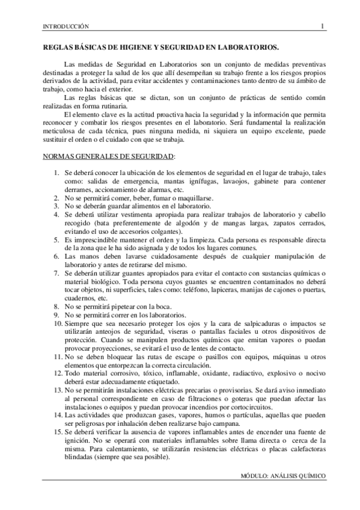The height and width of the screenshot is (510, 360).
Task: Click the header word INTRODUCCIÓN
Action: coord(63,26)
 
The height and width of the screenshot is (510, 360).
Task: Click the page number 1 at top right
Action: coord(323,26)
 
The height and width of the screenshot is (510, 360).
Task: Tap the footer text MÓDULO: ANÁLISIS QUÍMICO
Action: coord(282,475)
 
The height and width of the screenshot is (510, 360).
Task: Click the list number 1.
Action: coord(55,173)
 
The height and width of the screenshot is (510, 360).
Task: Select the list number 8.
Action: coord(55,306)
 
